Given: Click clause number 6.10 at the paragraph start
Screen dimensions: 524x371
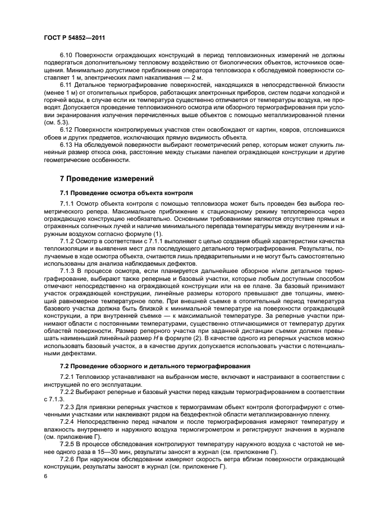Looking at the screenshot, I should click(x=67, y=55).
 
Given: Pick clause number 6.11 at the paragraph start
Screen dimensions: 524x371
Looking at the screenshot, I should click(x=67, y=84).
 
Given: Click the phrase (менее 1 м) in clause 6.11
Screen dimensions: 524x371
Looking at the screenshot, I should click(x=62, y=92).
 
